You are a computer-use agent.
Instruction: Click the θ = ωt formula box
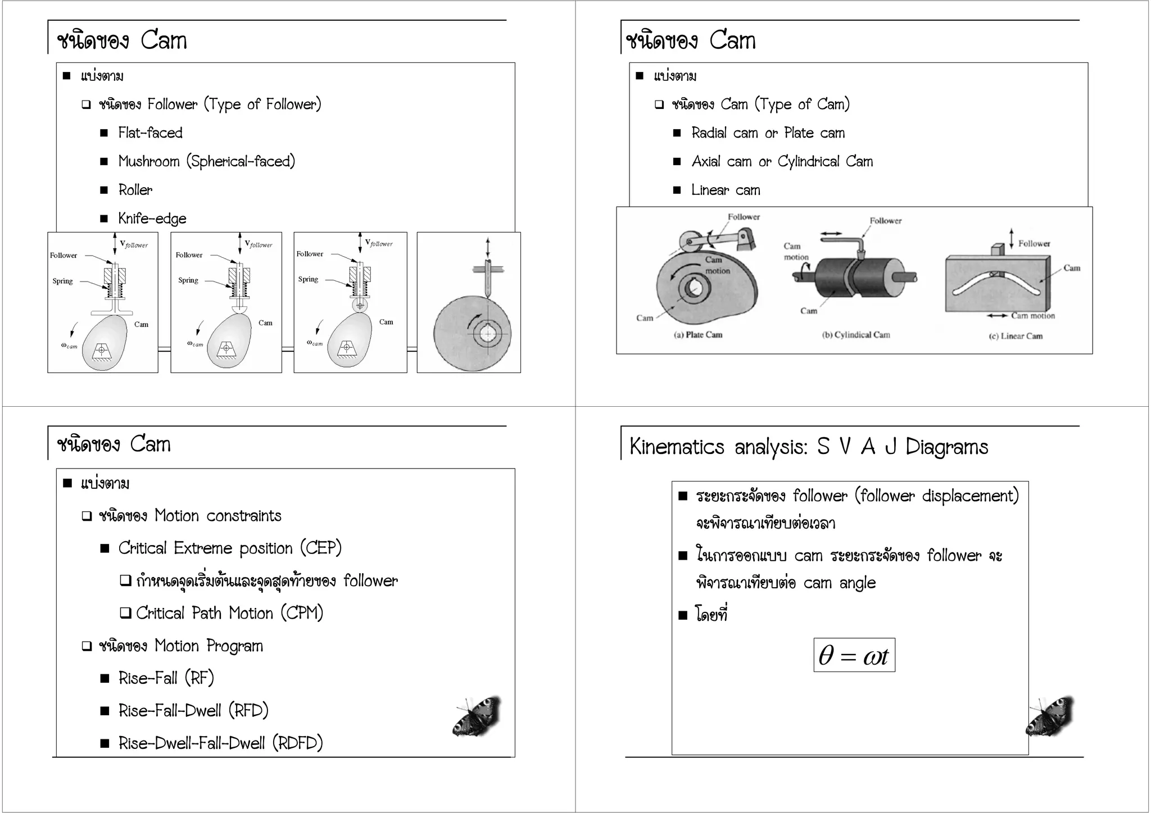[x=854, y=655]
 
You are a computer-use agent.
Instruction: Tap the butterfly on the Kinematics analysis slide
[x=1049, y=716]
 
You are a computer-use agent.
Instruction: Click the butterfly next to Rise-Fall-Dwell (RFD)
[x=477, y=716]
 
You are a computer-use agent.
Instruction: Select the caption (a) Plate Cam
[x=697, y=335]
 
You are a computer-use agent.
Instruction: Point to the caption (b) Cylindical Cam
[x=855, y=335]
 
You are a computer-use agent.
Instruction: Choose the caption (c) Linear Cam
[x=1015, y=336]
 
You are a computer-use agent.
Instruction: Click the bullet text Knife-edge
[x=152, y=219]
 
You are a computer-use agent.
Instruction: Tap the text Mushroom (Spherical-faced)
[x=206, y=161]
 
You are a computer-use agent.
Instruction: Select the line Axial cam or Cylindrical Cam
[x=782, y=162]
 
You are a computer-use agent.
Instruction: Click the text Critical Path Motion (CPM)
[x=229, y=613]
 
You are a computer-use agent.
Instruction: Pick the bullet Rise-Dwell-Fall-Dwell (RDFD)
[x=220, y=743]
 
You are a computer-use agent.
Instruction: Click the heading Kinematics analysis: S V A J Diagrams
[x=808, y=447]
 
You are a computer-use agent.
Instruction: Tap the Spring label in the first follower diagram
[x=62, y=281]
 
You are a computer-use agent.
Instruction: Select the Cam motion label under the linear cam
[x=1032, y=316]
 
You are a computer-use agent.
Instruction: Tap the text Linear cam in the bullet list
[x=725, y=190]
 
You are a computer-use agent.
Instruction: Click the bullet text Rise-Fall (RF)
[x=166, y=678]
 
